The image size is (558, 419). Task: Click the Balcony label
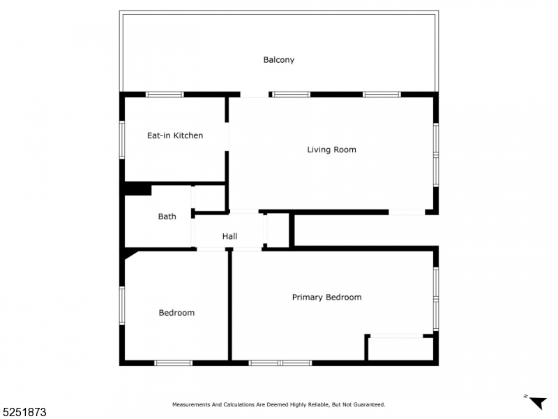[278, 60]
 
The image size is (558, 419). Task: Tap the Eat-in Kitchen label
[175, 135]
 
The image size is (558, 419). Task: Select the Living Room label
[332, 149]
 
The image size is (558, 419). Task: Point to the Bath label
[167, 216]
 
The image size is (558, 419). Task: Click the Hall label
[229, 236]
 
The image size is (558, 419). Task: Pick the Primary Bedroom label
[326, 297]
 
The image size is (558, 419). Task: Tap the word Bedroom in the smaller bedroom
[176, 313]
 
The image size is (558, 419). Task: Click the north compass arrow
[537, 402]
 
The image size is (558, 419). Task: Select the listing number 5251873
[24, 412]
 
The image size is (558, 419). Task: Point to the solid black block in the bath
[137, 189]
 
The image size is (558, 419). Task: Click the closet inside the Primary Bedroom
[400, 348]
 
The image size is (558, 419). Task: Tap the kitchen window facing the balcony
[165, 94]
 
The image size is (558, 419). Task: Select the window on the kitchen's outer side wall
[122, 140]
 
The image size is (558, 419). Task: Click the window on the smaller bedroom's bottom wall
[173, 363]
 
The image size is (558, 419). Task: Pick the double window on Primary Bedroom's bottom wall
[280, 363]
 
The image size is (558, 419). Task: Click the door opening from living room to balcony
[255, 94]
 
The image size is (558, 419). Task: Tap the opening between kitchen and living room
[227, 137]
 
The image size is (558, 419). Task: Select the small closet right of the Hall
[278, 230]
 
